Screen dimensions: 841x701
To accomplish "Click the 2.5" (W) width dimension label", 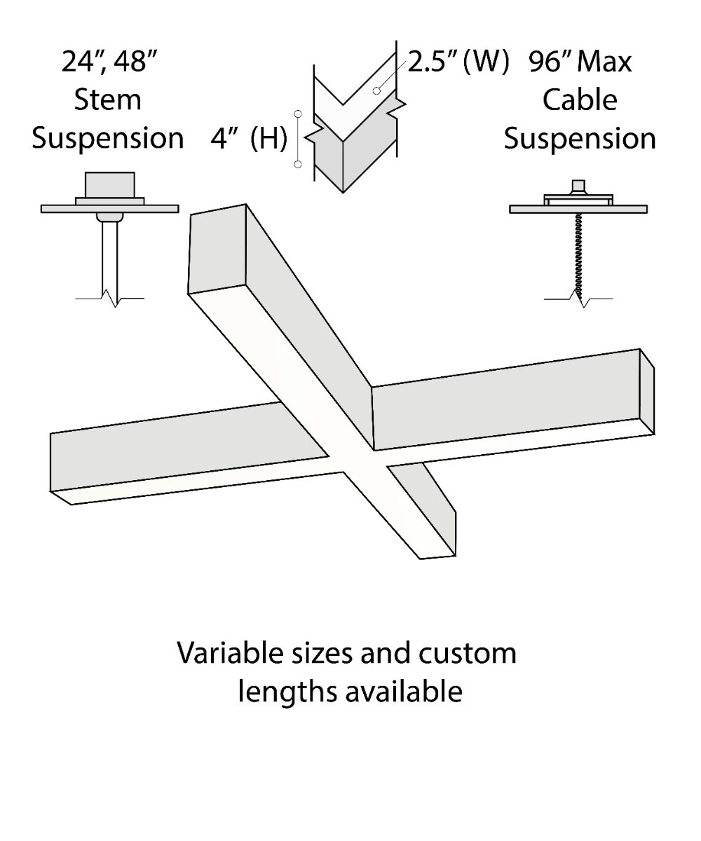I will point(457,62).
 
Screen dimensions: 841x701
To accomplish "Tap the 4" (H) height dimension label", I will point(249,139).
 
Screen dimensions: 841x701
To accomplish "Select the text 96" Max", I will point(580,62).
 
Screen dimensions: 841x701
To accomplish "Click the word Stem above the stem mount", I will point(107,100).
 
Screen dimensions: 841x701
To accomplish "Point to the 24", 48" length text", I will point(109,62).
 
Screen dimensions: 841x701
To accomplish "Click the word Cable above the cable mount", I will point(580,100).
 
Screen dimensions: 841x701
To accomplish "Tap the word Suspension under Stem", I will point(107,138).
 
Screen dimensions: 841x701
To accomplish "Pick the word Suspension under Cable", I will point(580,138).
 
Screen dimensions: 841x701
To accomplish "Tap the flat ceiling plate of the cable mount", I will point(578,209).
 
